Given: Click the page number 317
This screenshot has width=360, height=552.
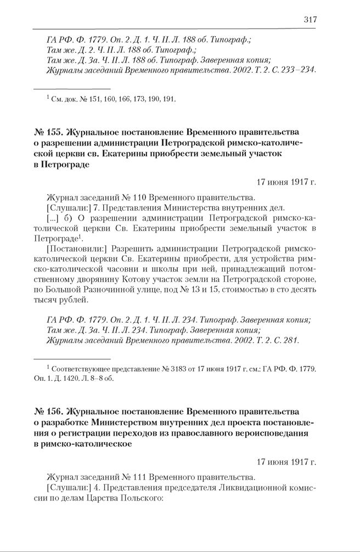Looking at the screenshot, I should pyautogui.click(x=310, y=19).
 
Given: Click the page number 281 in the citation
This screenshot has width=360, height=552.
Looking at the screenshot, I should pyautogui.click(x=291, y=340).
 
